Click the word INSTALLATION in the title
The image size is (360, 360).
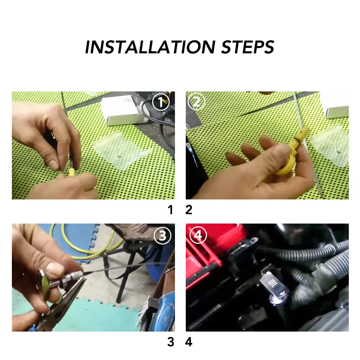click(x=150, y=47)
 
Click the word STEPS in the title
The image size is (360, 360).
click(x=248, y=47)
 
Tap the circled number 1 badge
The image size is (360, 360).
click(x=161, y=102)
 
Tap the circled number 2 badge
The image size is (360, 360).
click(x=196, y=102)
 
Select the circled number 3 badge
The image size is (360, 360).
click(x=163, y=235)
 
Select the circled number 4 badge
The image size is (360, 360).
click(x=198, y=235)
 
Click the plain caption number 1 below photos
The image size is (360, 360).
click(x=170, y=210)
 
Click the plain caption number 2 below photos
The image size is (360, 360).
click(x=189, y=210)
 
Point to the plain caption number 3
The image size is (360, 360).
click(x=171, y=342)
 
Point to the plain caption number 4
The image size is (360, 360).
click(x=189, y=342)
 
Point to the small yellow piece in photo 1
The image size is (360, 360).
click(x=71, y=172)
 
